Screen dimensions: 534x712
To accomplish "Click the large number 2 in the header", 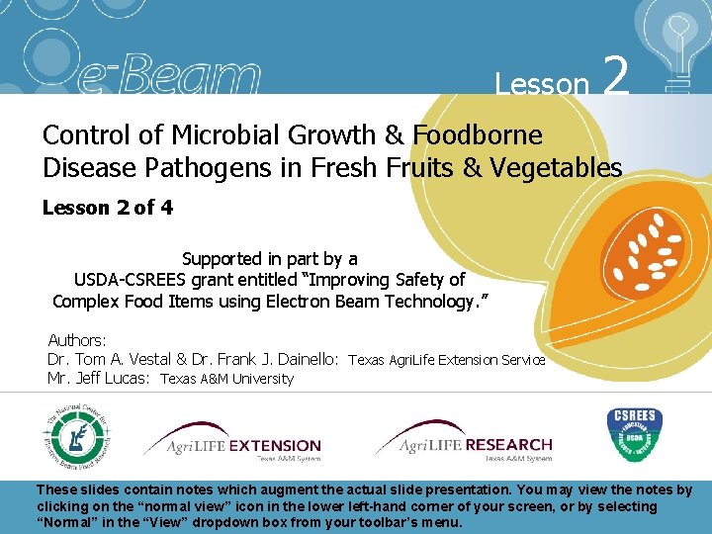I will pos(615,75).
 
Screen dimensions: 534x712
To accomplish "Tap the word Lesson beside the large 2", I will pos(542,83).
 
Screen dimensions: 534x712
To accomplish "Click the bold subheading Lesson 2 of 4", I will pos(99,208).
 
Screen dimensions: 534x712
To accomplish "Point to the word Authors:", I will pos(77,340).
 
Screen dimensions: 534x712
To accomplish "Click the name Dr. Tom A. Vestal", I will pos(109,360).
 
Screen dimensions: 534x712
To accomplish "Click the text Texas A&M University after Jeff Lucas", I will pos(227,379).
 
